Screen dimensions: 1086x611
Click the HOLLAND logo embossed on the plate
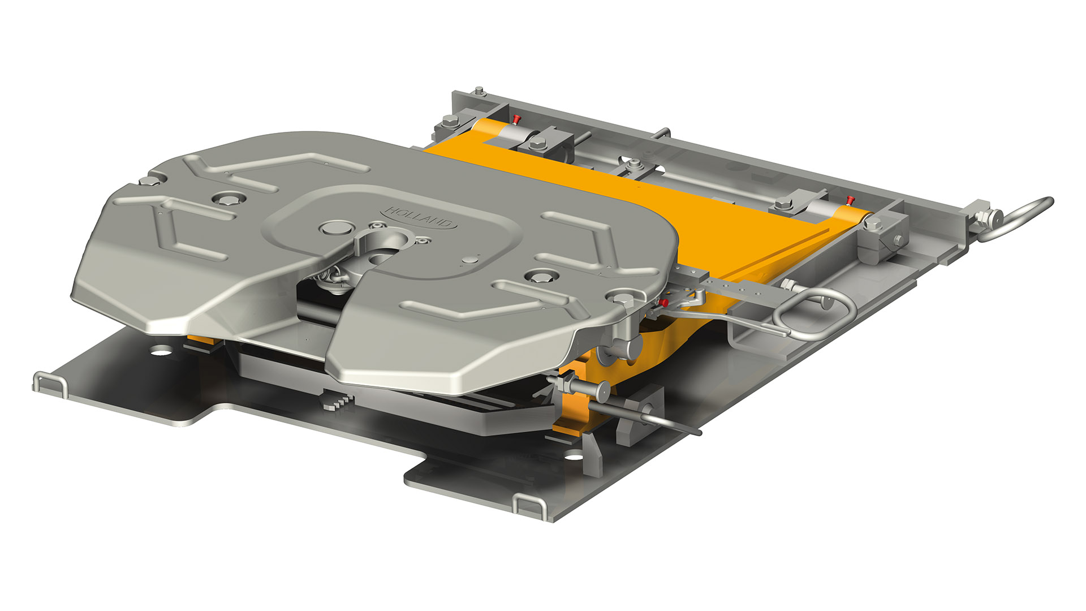tap(421, 218)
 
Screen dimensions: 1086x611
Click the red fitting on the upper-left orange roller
tap(516, 119)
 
